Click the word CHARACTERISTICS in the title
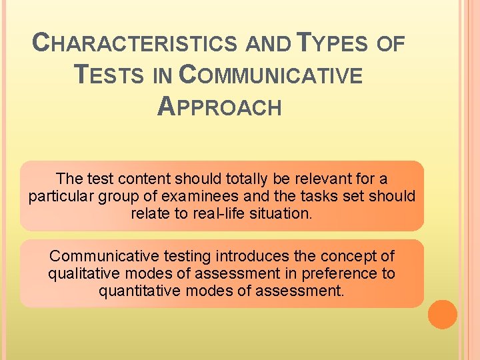pos(135,44)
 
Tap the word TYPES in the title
pos(331,44)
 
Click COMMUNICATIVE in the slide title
pos(271,75)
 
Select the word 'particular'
pos(61,197)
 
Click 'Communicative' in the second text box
pos(100,256)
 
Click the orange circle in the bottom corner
pos(443,315)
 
